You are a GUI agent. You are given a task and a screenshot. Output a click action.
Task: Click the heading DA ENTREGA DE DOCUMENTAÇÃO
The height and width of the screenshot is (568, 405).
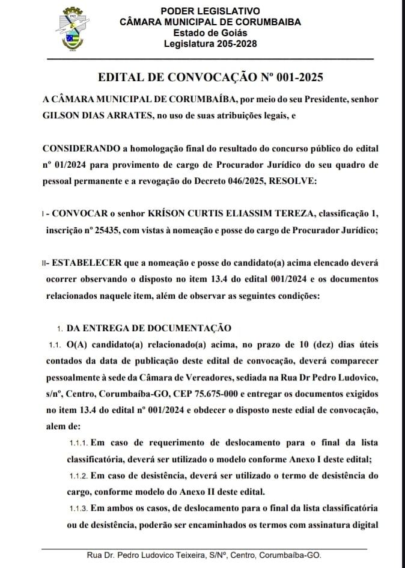[149, 328]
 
